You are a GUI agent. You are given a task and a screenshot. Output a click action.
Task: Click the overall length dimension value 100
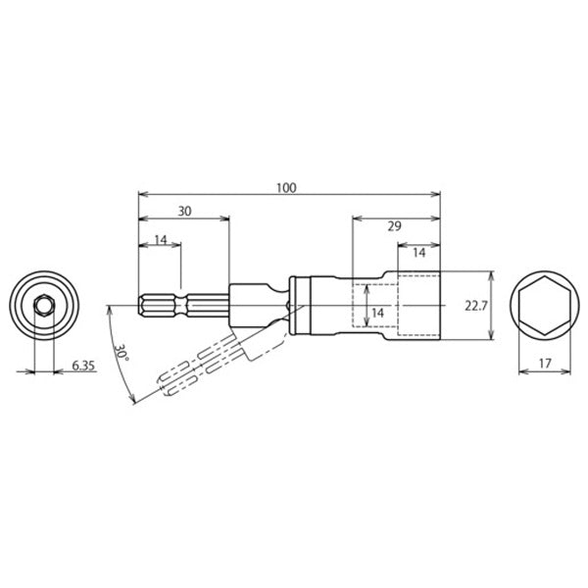pos(286,185)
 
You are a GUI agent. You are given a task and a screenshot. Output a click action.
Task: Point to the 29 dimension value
pos(395,226)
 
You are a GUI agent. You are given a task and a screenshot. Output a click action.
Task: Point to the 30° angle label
pos(121,355)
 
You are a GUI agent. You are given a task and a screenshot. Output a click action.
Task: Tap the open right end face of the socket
pos(438,306)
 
